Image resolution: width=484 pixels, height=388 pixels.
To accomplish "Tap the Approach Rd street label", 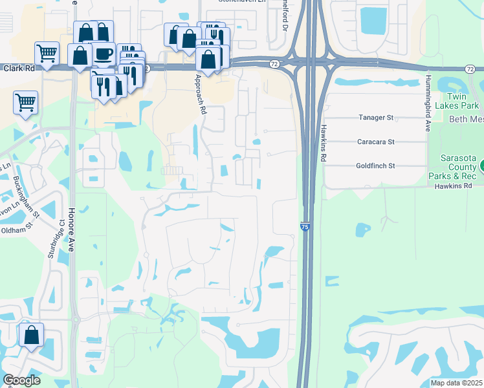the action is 202,94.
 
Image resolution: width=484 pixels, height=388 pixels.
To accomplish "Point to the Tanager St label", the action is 376,118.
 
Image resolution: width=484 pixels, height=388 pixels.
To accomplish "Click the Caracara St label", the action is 375,142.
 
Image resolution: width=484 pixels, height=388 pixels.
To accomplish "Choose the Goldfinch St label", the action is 375,166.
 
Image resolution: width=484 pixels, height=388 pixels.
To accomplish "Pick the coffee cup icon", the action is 104,53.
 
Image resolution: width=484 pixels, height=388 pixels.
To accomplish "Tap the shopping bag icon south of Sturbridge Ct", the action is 31,335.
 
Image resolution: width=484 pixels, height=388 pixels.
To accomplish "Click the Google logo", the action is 21,380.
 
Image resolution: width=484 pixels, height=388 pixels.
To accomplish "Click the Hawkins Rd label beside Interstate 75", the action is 322,143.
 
